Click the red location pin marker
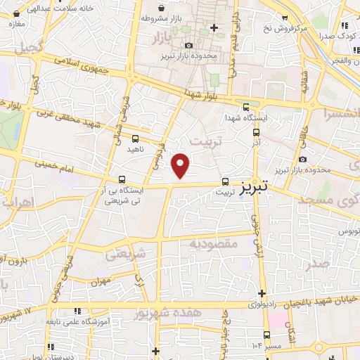point(181,165)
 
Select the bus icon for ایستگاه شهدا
point(245,107)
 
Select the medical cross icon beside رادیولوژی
point(262,293)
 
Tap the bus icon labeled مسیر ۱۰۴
point(266,335)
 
